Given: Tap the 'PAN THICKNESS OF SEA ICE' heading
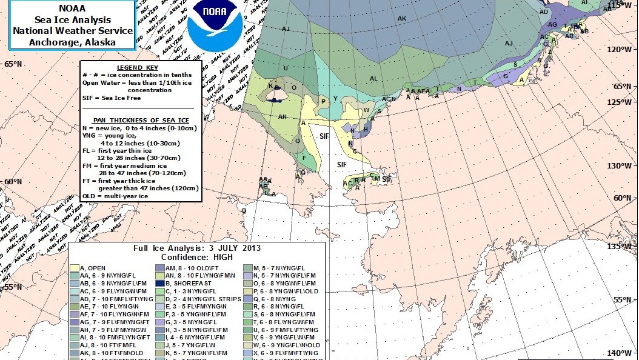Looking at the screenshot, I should [141, 121].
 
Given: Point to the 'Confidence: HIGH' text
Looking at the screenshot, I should [197, 257].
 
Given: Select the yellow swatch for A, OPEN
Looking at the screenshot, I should [75, 267].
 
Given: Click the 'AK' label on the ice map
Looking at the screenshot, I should [401, 19].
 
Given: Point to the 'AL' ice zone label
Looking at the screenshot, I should [373, 79].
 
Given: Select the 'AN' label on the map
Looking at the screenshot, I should [282, 116].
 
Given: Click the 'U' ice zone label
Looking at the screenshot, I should [286, 68].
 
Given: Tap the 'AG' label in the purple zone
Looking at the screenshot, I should [552, 25].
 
